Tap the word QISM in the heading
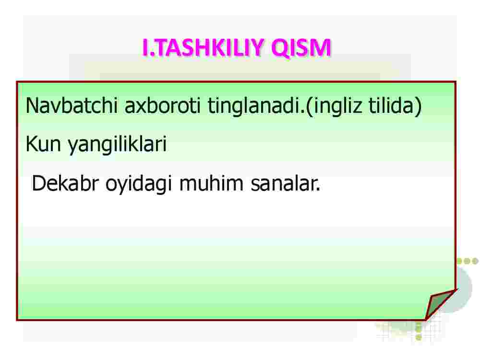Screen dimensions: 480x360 301,48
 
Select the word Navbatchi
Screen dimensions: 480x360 72,105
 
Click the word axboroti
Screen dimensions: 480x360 163,105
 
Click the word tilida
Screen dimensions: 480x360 391,105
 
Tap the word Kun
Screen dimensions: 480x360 43,144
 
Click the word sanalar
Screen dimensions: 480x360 285,184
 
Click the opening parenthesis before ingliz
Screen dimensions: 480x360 310,107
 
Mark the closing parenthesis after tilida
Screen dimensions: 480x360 418,107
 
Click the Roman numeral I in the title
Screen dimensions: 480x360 145,48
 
